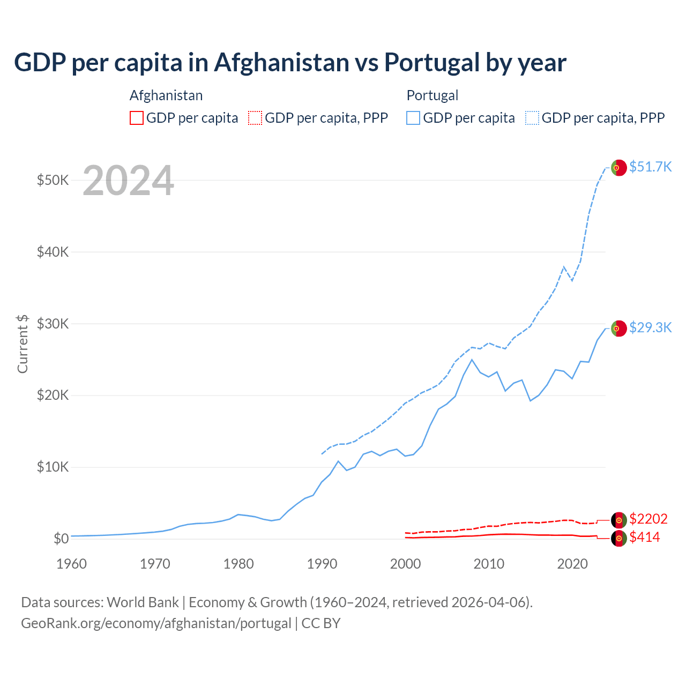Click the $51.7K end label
pyautogui.click(x=650, y=167)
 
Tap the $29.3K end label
pyautogui.click(x=650, y=327)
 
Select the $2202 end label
pyautogui.click(x=648, y=519)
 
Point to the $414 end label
pyautogui.click(x=644, y=537)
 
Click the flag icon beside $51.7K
pyautogui.click(x=619, y=168)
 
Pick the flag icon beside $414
pyautogui.click(x=619, y=538)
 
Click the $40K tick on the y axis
pyautogui.click(x=53, y=252)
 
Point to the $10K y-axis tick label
pyautogui.click(x=53, y=467)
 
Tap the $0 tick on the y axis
pyautogui.click(x=61, y=539)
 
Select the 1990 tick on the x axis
pyautogui.click(x=322, y=564)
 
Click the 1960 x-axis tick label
pyautogui.click(x=71, y=564)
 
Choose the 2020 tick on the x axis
pyautogui.click(x=572, y=564)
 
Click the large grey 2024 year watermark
pyautogui.click(x=128, y=181)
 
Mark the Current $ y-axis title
pyautogui.click(x=23, y=344)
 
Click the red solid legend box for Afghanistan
pyautogui.click(x=137, y=118)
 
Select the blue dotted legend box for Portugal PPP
pyautogui.click(x=532, y=118)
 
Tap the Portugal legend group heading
pyautogui.click(x=432, y=95)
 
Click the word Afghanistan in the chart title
pyautogui.click(x=281, y=62)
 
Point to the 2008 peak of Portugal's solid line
pyautogui.click(x=472, y=360)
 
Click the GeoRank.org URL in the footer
pyautogui.click(x=156, y=623)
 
